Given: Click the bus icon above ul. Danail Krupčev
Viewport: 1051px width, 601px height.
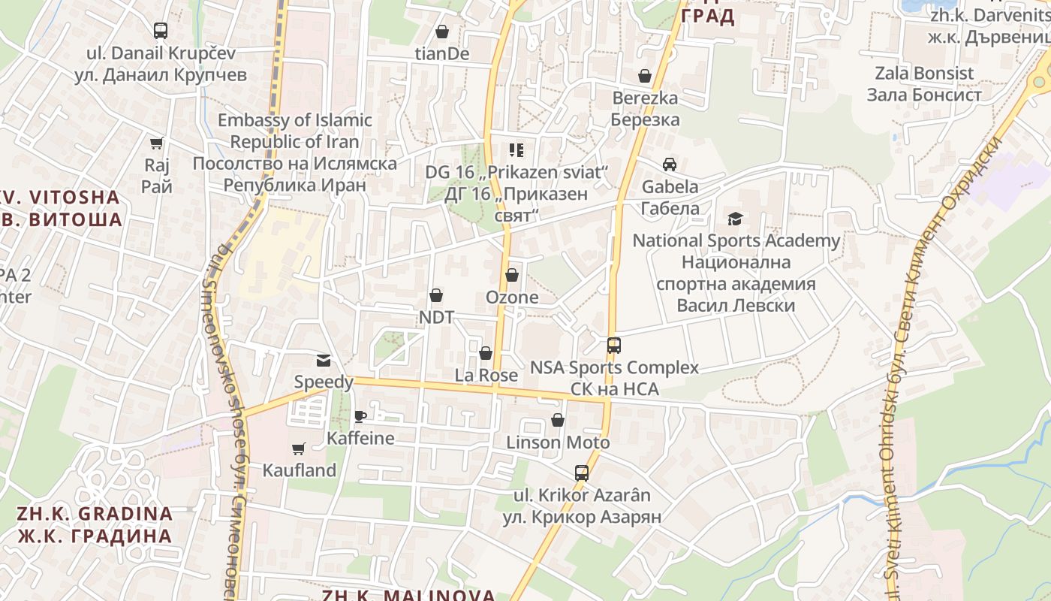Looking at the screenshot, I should [x=160, y=31].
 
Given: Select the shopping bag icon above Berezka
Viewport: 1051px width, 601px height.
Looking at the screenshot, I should [x=644, y=76].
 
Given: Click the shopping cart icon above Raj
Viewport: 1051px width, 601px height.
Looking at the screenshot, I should [x=157, y=143].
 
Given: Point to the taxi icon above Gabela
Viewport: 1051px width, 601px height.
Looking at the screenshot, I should [x=669, y=165].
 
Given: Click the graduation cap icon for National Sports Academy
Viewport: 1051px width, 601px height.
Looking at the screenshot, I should [x=735, y=219].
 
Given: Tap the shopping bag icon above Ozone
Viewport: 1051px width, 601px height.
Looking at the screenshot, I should [x=512, y=275].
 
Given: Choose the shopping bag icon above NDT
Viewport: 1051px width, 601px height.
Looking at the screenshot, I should [x=435, y=295].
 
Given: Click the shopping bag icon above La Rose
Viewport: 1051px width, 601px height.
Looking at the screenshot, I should [x=486, y=353].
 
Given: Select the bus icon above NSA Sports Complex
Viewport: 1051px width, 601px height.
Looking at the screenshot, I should [x=614, y=346].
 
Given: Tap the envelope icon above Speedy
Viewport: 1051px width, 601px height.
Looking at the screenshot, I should [x=323, y=361].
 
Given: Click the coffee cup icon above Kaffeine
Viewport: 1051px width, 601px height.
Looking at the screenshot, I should [x=360, y=416].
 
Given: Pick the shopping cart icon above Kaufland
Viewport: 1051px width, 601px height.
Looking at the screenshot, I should [x=299, y=448].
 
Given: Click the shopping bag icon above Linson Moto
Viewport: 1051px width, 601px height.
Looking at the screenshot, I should [x=558, y=420].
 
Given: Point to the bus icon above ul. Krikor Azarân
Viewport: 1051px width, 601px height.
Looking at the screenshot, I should [x=582, y=473].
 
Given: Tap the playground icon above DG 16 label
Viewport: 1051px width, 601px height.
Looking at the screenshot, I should [x=516, y=150].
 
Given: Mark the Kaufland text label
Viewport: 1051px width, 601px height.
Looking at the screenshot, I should [x=299, y=470].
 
